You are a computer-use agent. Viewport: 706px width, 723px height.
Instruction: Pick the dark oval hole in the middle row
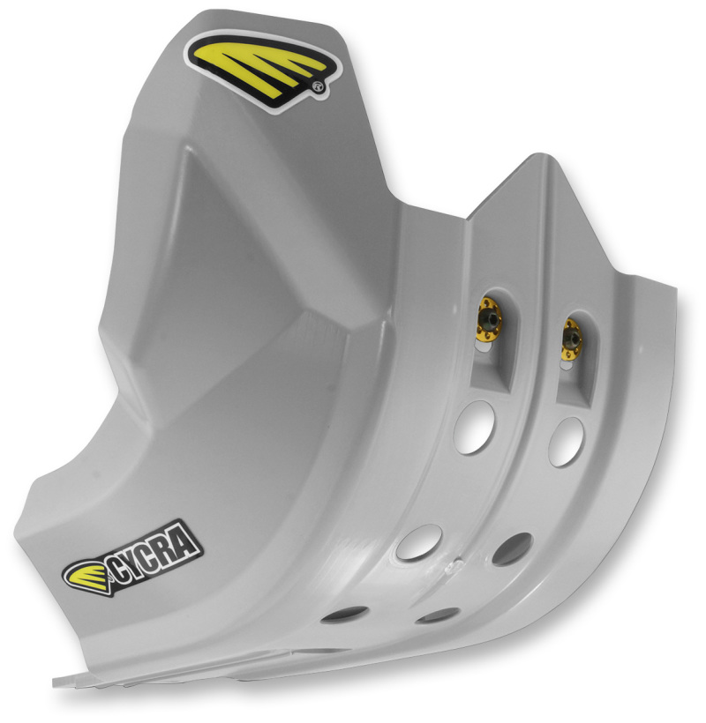point(511,549)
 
